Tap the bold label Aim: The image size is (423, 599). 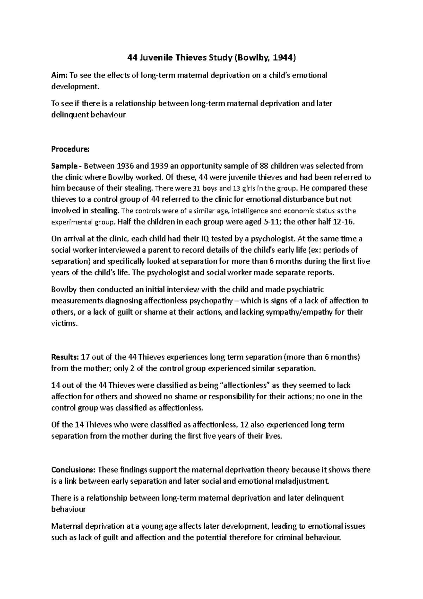(x=59, y=75)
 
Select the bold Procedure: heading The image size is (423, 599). (x=70, y=149)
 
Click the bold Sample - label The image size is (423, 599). (x=67, y=166)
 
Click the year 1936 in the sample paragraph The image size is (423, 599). (x=125, y=166)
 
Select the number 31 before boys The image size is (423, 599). (x=192, y=188)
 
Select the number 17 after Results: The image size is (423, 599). (x=86, y=357)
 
